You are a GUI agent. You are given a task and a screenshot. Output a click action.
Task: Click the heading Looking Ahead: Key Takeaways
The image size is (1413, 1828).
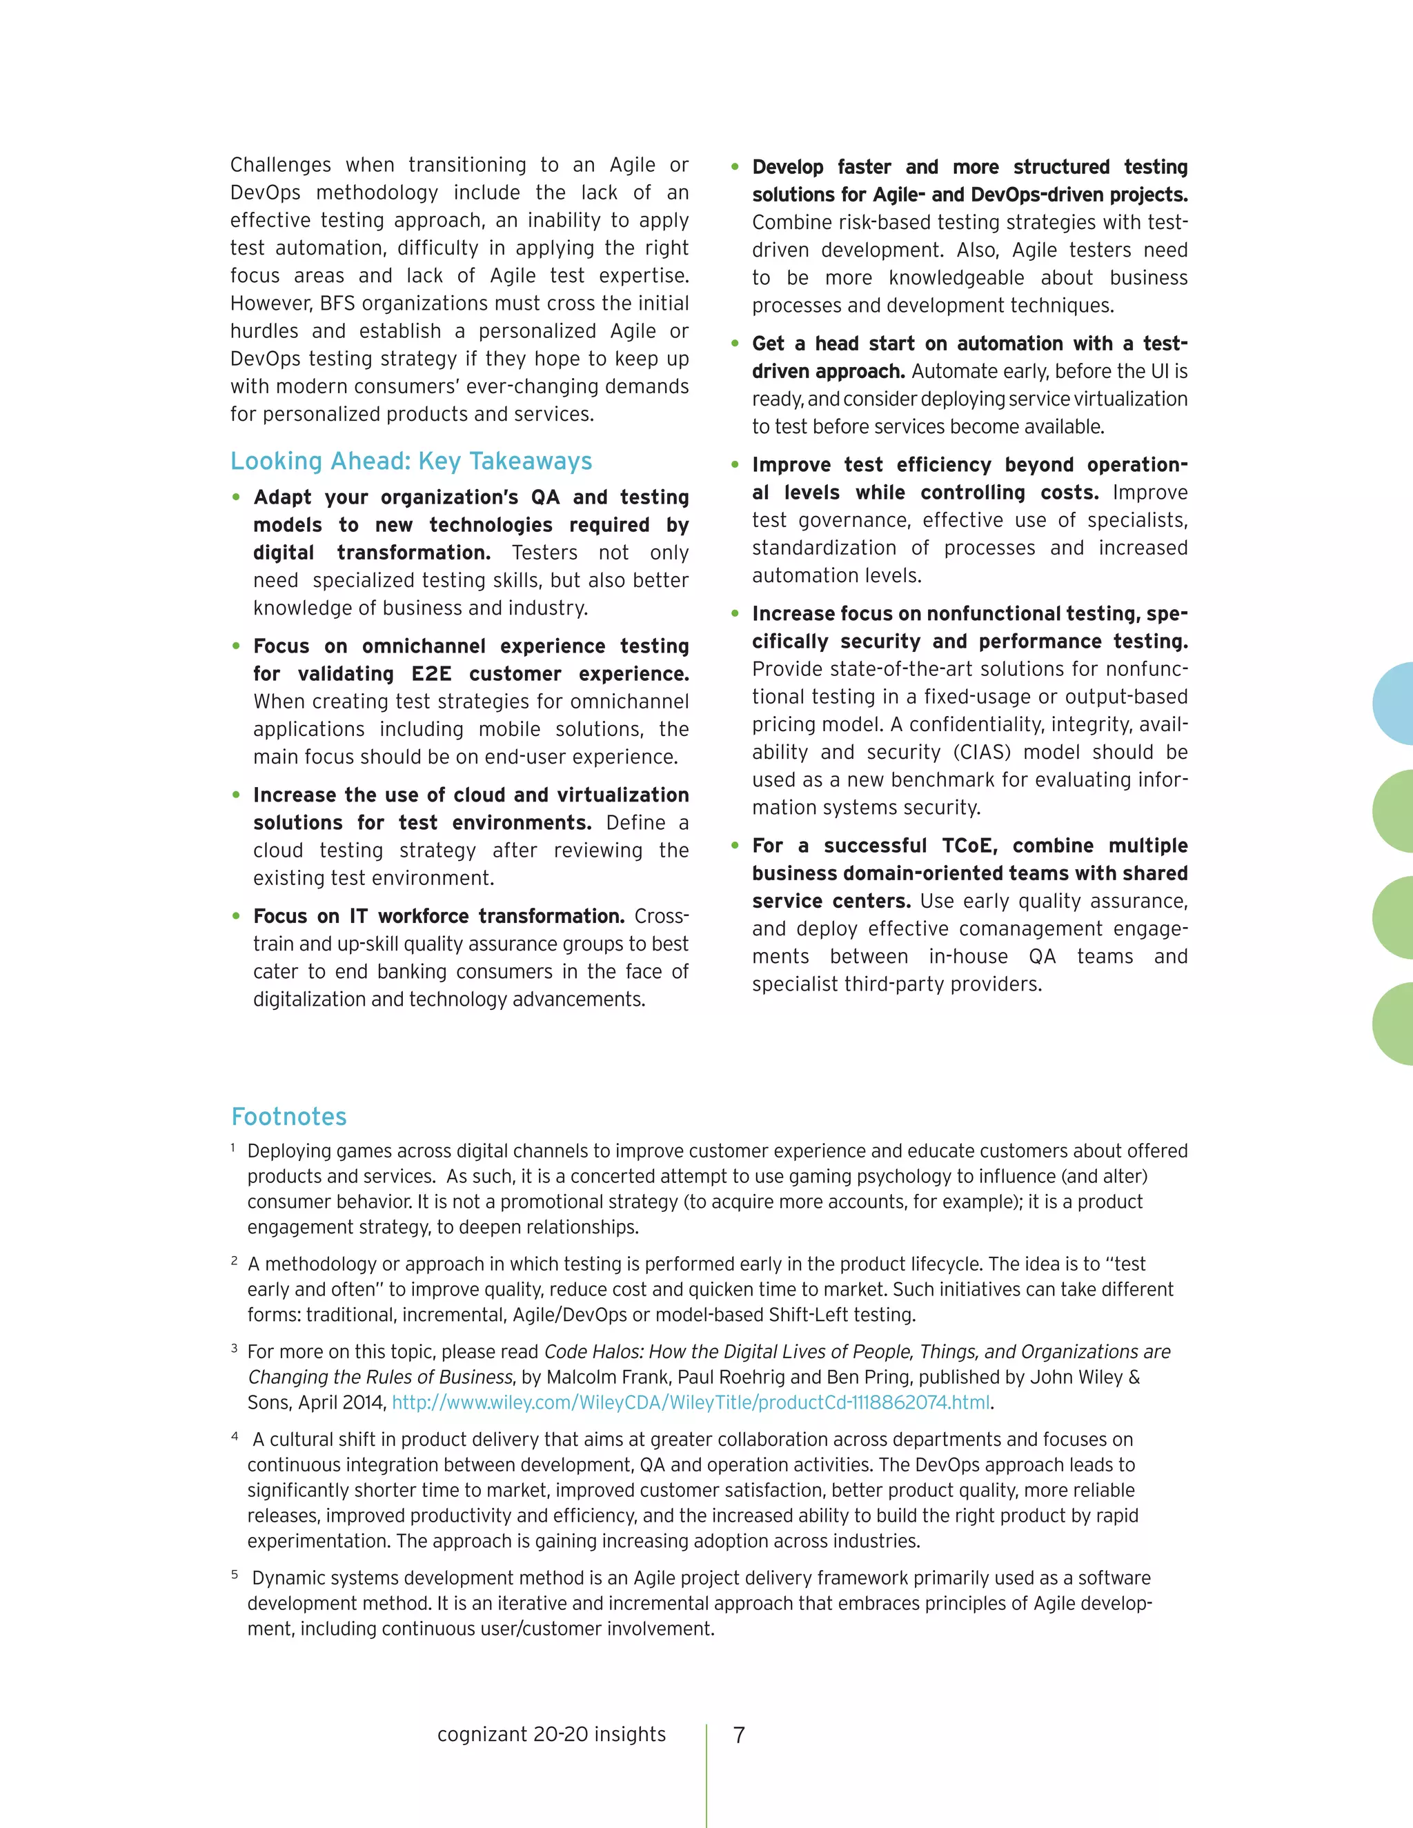pyautogui.click(x=411, y=461)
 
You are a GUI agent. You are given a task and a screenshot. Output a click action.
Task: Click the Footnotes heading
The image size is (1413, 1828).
pyautogui.click(x=289, y=1117)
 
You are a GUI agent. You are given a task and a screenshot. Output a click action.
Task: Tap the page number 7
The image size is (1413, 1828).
pyautogui.click(x=739, y=1735)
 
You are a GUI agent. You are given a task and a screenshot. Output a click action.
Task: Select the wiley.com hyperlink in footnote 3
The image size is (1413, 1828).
pyautogui.click(x=691, y=1402)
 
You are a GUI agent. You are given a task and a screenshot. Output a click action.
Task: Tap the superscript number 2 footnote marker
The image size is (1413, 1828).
pyautogui.click(x=235, y=1260)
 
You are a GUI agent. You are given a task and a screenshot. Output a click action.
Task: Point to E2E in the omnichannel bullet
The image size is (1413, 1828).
pyautogui.click(x=431, y=674)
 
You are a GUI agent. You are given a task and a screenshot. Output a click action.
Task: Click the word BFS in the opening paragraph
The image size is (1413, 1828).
pyautogui.click(x=337, y=303)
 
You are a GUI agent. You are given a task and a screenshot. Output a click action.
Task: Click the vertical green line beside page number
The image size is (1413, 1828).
pyautogui.click(x=706, y=1774)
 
